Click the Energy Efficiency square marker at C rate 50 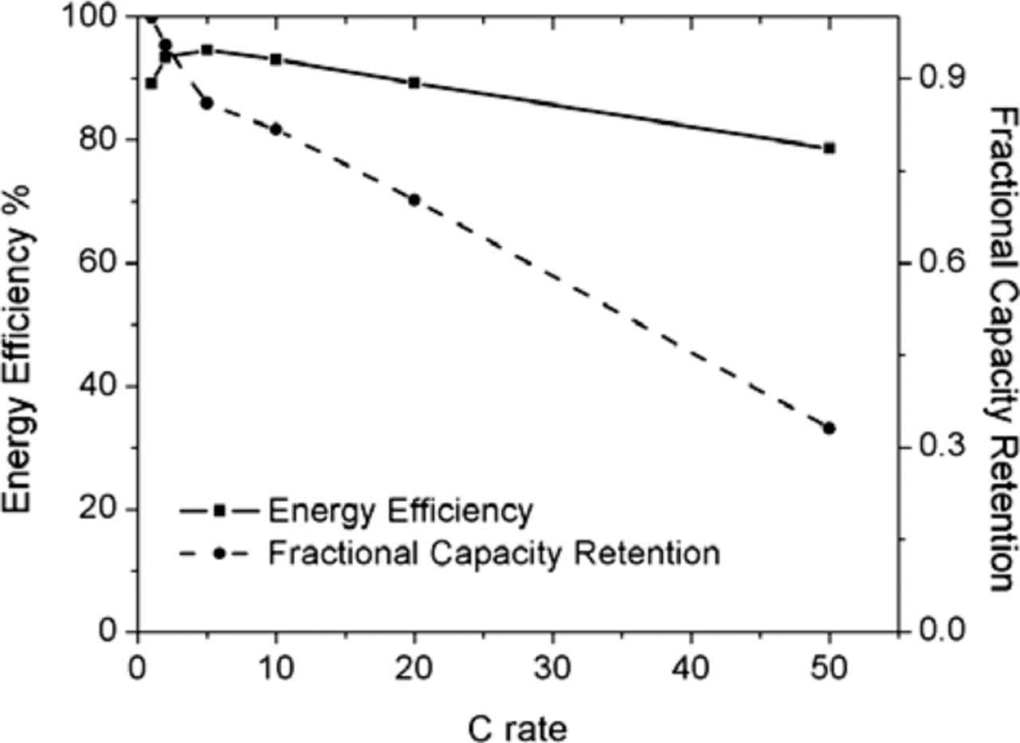[829, 148]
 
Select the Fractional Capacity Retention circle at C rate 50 [829, 428]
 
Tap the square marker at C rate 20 [414, 83]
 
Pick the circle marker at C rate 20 [414, 200]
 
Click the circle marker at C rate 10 [276, 129]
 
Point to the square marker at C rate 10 [276, 59]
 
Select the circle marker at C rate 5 [206, 103]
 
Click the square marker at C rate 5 [206, 49]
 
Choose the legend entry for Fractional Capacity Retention [493, 552]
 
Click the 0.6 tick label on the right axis [940, 263]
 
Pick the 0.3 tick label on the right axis [940, 447]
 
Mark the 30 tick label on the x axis [552, 665]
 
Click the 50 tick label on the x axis [829, 665]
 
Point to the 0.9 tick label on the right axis [940, 78]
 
